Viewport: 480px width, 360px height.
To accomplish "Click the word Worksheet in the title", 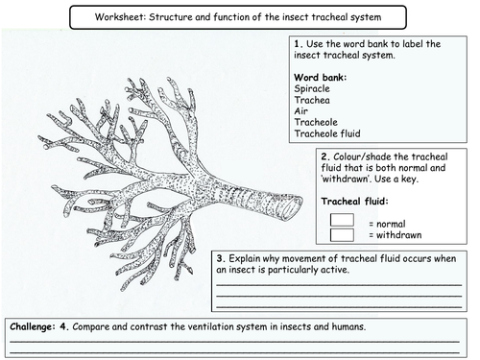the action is (x=120, y=17).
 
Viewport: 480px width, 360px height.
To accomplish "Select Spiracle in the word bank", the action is (x=312, y=88).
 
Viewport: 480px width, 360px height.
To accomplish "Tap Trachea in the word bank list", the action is (x=312, y=100).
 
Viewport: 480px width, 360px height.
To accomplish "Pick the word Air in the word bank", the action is (x=300, y=111).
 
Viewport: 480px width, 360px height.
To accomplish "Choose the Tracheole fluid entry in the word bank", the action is (x=327, y=133).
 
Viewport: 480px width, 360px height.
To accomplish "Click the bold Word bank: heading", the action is (x=320, y=78).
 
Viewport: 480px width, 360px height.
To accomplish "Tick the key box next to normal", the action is (x=342, y=220).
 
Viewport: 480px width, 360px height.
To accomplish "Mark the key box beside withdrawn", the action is (x=342, y=235).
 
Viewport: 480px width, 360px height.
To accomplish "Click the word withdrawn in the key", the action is (x=398, y=235).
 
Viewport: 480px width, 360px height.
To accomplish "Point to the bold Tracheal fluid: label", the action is (x=354, y=202).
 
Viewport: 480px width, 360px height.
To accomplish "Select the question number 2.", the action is (x=325, y=156).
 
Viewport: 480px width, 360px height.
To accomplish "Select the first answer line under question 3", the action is (x=339, y=284).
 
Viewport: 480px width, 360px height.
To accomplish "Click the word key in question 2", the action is (x=409, y=180).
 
